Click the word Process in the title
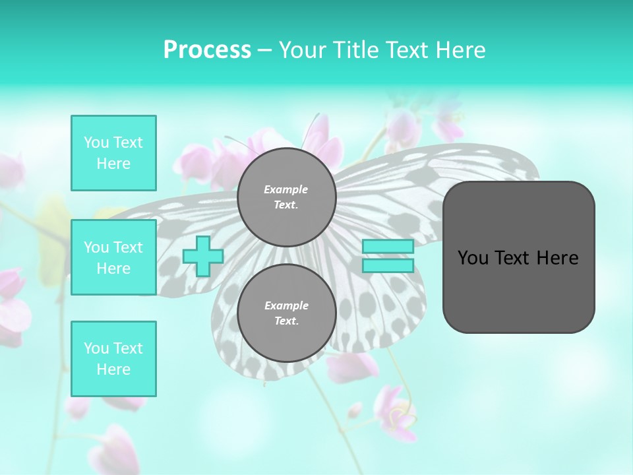(x=207, y=50)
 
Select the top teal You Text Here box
(x=113, y=153)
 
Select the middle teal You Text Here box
(x=113, y=257)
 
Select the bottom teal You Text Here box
(x=113, y=359)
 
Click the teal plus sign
(x=202, y=256)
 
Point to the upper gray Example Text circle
(x=286, y=197)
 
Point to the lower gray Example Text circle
(x=286, y=313)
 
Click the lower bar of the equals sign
(x=388, y=266)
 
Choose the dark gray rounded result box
(x=518, y=290)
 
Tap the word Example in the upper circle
(x=286, y=189)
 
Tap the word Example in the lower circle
(x=286, y=305)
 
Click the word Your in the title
(x=303, y=50)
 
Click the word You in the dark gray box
(x=473, y=258)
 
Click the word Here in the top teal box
(x=113, y=164)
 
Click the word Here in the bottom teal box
(x=113, y=369)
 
